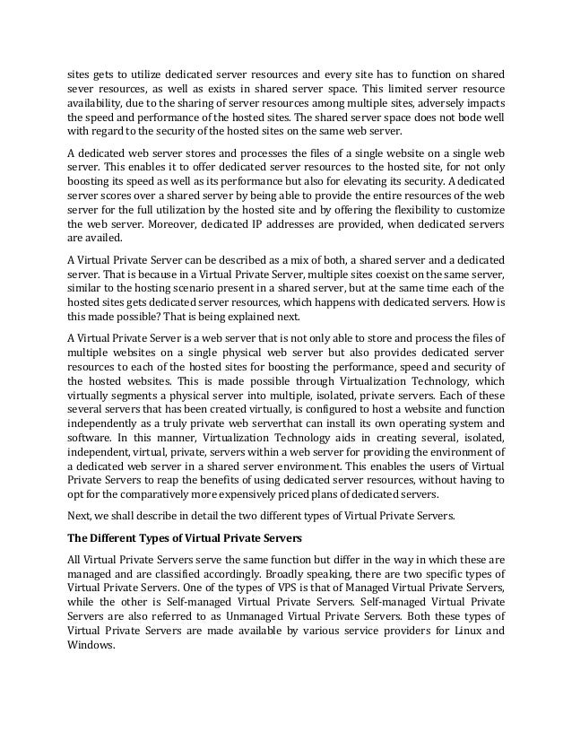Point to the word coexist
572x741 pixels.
tap(374, 273)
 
